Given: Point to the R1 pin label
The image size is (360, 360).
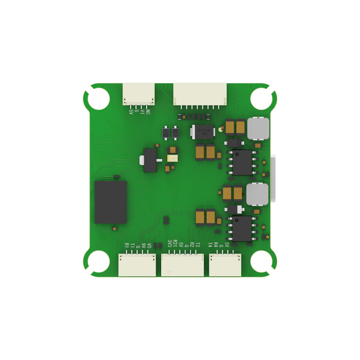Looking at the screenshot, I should click(x=127, y=246).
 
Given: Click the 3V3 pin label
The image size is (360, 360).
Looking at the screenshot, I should click(x=170, y=243).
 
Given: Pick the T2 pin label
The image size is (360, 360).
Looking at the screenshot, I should click(x=198, y=245).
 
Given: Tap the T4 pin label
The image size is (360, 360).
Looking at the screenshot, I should click(x=210, y=245).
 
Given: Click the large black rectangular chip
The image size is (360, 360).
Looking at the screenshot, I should click(x=111, y=202).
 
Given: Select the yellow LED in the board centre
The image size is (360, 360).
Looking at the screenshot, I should click(x=172, y=158).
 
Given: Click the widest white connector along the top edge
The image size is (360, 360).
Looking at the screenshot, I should click(x=200, y=94).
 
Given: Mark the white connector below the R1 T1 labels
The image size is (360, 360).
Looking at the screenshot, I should click(x=137, y=265).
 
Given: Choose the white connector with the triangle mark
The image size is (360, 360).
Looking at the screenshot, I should click(x=182, y=265).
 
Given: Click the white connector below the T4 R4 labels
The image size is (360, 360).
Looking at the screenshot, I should click(x=225, y=265).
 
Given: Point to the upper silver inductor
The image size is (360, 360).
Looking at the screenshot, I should click(x=258, y=128).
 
